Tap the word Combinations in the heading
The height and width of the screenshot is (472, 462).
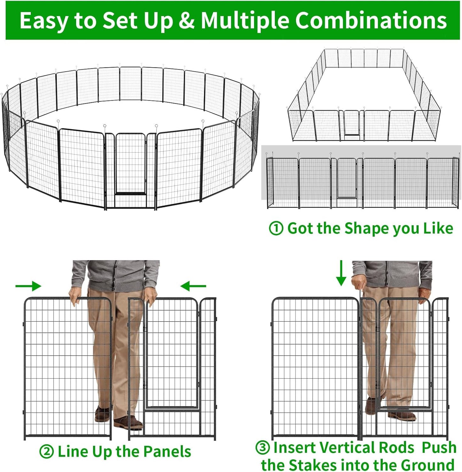(371, 20)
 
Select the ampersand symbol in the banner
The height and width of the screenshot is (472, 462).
(186, 20)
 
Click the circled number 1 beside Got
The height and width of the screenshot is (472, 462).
(276, 228)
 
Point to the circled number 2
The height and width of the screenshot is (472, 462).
(46, 452)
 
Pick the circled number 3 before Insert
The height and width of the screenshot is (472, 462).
(262, 447)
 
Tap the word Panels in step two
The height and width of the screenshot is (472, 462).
(167, 452)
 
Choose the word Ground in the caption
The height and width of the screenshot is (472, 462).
(427, 465)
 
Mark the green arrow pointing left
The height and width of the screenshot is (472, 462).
(193, 286)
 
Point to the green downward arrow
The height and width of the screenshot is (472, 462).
(341, 273)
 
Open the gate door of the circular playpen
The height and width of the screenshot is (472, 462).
(130, 163)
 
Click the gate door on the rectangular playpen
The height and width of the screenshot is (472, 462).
(352, 123)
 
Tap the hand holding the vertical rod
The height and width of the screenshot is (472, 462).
(358, 281)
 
